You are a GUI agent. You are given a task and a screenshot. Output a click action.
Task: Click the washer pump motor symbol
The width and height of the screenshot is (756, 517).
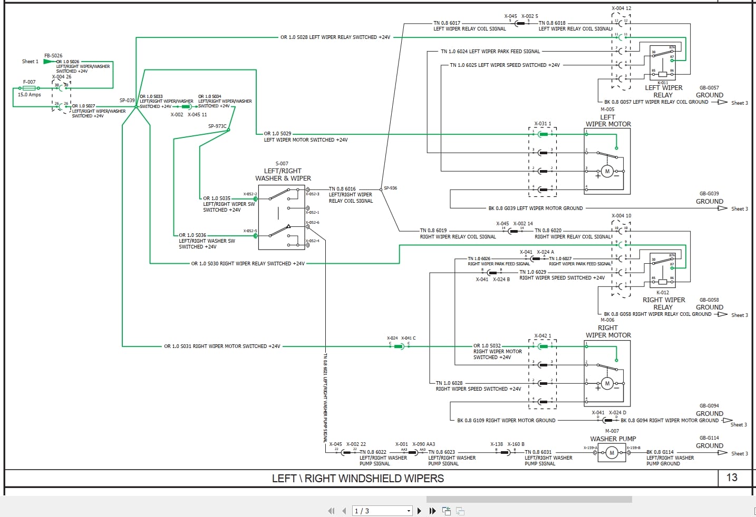[x=612, y=453]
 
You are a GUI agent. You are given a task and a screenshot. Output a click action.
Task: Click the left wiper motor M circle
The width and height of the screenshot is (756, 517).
[x=607, y=171]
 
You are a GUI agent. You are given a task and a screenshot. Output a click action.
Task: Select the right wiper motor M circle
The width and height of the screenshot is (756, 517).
[x=607, y=383]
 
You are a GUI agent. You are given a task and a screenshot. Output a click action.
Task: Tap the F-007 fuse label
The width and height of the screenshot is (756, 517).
[x=30, y=82]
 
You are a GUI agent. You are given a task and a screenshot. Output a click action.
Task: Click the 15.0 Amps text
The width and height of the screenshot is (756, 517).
[x=29, y=95]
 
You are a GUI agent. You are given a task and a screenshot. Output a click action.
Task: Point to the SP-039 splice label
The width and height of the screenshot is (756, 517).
[x=127, y=100]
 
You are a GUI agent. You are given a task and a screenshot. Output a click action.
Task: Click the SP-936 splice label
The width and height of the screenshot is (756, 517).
[x=391, y=188]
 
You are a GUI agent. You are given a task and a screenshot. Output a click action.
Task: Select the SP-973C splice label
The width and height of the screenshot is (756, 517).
[x=217, y=126]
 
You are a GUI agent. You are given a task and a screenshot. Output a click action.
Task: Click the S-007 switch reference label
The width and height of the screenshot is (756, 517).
[x=282, y=164]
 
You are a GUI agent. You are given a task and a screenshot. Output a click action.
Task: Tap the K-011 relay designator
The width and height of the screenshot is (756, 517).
[x=663, y=83]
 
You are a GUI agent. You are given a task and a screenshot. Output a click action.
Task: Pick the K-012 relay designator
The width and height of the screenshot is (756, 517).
[x=663, y=293]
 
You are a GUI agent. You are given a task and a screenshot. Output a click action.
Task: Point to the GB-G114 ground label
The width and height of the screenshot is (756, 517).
[x=709, y=438]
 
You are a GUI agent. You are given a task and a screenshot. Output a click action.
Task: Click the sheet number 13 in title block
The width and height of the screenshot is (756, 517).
[x=732, y=478]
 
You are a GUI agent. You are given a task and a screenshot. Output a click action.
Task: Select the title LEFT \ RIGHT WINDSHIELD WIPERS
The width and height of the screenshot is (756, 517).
[x=358, y=479]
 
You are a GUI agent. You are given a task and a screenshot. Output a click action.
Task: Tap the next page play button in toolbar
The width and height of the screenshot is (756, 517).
[x=419, y=511]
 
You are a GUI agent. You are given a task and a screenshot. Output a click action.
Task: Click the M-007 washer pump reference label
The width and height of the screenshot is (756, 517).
[x=612, y=431]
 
